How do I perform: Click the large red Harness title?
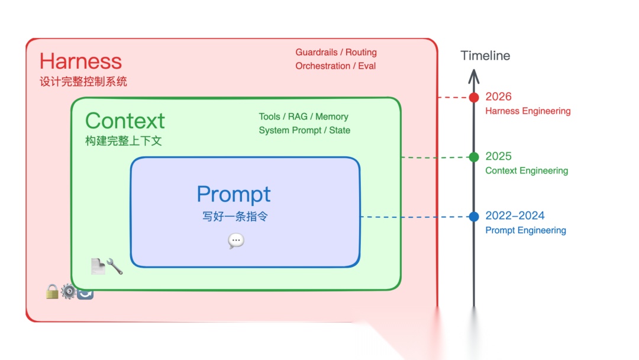(x=80, y=61)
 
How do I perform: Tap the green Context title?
(x=125, y=121)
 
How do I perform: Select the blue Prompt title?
(x=234, y=194)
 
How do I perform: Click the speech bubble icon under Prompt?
(x=236, y=241)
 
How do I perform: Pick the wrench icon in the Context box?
(x=115, y=266)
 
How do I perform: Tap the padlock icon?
(x=52, y=291)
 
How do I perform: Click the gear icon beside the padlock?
(x=69, y=291)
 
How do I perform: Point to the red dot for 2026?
(x=473, y=98)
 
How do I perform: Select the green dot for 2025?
(x=473, y=157)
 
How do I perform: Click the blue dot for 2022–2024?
(x=473, y=217)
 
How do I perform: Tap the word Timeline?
(x=485, y=56)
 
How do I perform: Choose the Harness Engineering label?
(x=528, y=111)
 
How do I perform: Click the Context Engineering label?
(x=527, y=171)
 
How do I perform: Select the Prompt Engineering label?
(x=526, y=230)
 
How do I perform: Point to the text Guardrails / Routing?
(x=336, y=52)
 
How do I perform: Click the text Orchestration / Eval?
(x=335, y=66)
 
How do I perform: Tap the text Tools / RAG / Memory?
(x=304, y=117)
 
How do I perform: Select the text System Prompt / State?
(x=305, y=130)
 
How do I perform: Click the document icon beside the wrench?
(x=98, y=266)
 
